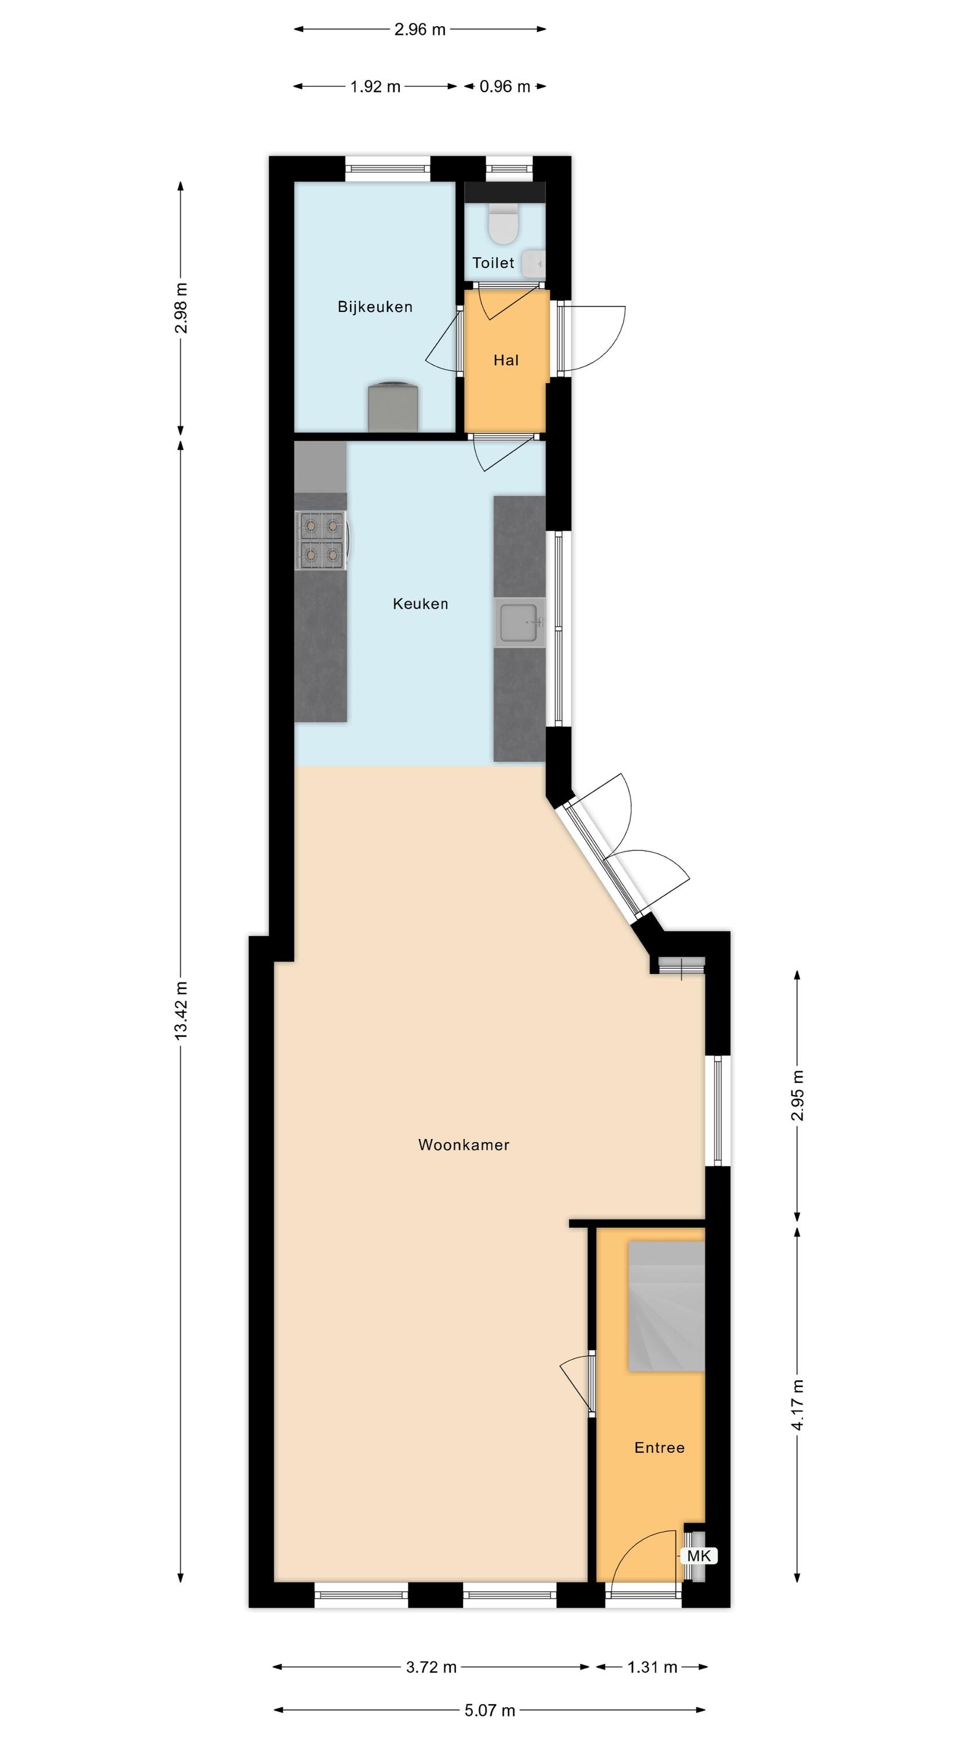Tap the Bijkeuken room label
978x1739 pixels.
[x=375, y=307]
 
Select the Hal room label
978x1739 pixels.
[x=506, y=361]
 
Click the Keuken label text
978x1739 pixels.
[x=421, y=603]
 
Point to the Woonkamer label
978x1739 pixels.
[x=464, y=1145]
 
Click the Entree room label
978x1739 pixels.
[x=659, y=1448]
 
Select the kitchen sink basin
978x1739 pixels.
[x=519, y=622]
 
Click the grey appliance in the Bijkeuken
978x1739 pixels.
[x=393, y=407]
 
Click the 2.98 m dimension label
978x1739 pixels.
[x=181, y=308]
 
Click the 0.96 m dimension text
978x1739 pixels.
[x=505, y=86]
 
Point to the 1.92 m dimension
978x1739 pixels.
[x=375, y=86]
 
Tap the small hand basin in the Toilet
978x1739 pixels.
[x=534, y=263]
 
